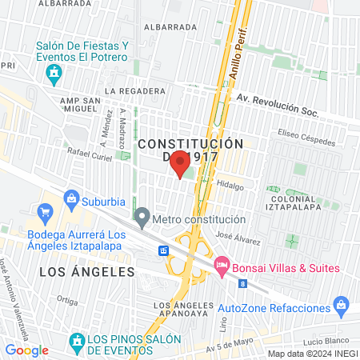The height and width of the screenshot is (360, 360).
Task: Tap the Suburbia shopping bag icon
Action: [71, 198]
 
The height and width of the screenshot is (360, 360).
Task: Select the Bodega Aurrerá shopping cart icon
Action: [46, 213]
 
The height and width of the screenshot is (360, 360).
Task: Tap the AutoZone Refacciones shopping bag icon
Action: [342, 305]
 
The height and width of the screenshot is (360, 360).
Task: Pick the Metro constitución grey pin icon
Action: [142, 216]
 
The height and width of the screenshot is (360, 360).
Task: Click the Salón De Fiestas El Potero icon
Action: [54, 76]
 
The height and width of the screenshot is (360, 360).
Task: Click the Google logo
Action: [27, 350]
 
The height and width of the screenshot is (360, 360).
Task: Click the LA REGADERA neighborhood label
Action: [133, 91]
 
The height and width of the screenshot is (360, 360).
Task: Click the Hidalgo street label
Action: [230, 183]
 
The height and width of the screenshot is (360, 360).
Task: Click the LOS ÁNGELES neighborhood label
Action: [76, 272]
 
